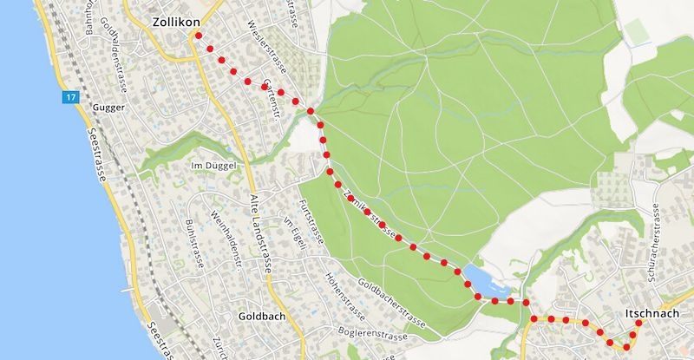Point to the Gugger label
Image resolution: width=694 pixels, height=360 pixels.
(x=108, y=108)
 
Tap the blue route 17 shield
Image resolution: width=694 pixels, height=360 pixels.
(x=69, y=98)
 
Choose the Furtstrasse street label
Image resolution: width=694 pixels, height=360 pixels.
(x=312, y=224)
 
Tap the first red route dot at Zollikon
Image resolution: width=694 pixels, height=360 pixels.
(x=199, y=36)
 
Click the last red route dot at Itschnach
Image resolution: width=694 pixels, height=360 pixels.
(x=638, y=324)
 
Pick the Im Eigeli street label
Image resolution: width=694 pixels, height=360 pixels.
(x=295, y=232)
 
